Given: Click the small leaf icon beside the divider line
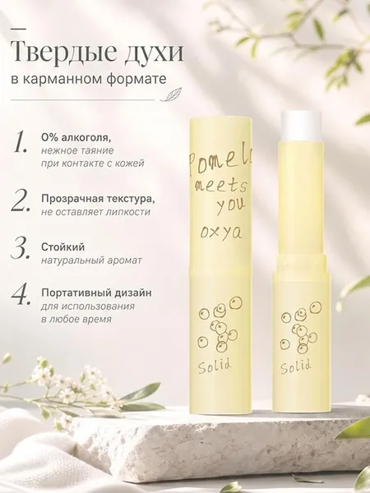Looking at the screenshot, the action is pyautogui.click(x=167, y=95).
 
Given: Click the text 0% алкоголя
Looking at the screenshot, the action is pyautogui.click(x=76, y=138).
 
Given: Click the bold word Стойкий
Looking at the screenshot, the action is pyautogui.click(x=63, y=246).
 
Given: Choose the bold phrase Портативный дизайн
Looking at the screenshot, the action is pyautogui.click(x=96, y=293).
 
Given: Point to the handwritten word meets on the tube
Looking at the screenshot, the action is pyautogui.click(x=220, y=187).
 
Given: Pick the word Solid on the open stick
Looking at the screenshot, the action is pyautogui.click(x=296, y=366).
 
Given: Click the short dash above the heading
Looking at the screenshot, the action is pyautogui.click(x=19, y=29).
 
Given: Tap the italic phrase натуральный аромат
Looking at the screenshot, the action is pyautogui.click(x=91, y=260).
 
